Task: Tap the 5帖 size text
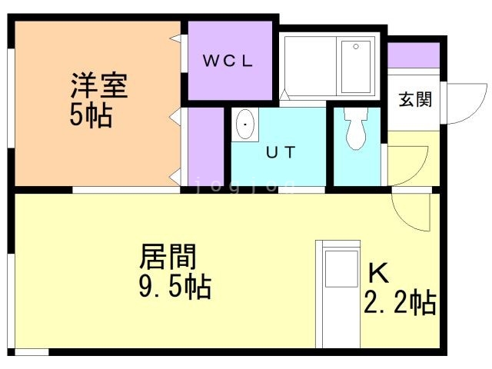(90, 116)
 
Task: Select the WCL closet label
(228, 62)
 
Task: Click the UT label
(280, 152)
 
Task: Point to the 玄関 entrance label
(414, 99)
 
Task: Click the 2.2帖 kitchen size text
(400, 303)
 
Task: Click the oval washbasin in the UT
(245, 125)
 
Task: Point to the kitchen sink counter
(338, 296)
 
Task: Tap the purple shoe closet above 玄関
(413, 55)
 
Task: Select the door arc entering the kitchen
(411, 211)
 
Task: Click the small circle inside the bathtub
(355, 47)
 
